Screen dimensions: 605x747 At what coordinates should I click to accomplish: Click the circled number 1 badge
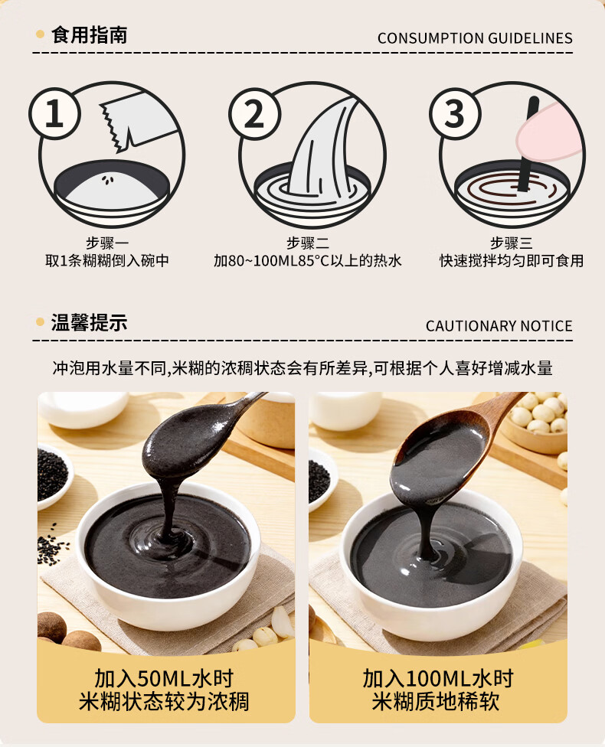coord(54,113)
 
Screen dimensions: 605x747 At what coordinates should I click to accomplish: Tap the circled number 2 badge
coord(254,113)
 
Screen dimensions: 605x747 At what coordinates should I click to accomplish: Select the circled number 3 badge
coord(455,113)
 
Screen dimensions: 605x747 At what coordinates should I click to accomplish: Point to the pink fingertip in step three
coord(549,133)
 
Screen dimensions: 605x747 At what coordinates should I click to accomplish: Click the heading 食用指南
coord(89,35)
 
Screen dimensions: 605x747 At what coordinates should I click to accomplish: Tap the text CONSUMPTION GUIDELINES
coord(475,38)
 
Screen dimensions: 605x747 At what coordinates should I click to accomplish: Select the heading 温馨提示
coord(89,322)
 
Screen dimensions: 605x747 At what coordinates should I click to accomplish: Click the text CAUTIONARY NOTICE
coord(499,326)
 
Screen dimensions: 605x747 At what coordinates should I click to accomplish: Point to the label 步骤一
coord(107,243)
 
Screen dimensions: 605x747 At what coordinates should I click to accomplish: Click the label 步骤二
coord(308,243)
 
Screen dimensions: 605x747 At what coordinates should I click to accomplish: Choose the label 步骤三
coord(512,243)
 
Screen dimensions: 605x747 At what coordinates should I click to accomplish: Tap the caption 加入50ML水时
coord(164,678)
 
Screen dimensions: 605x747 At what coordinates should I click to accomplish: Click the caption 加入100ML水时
coord(437,678)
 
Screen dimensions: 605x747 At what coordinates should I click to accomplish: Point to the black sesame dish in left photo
coord(51,476)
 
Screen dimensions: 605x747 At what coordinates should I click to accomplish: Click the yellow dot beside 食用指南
coord(40,34)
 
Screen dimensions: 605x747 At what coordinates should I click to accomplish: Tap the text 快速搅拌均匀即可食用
coord(512,261)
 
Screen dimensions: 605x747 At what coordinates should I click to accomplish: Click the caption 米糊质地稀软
coord(436,702)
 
